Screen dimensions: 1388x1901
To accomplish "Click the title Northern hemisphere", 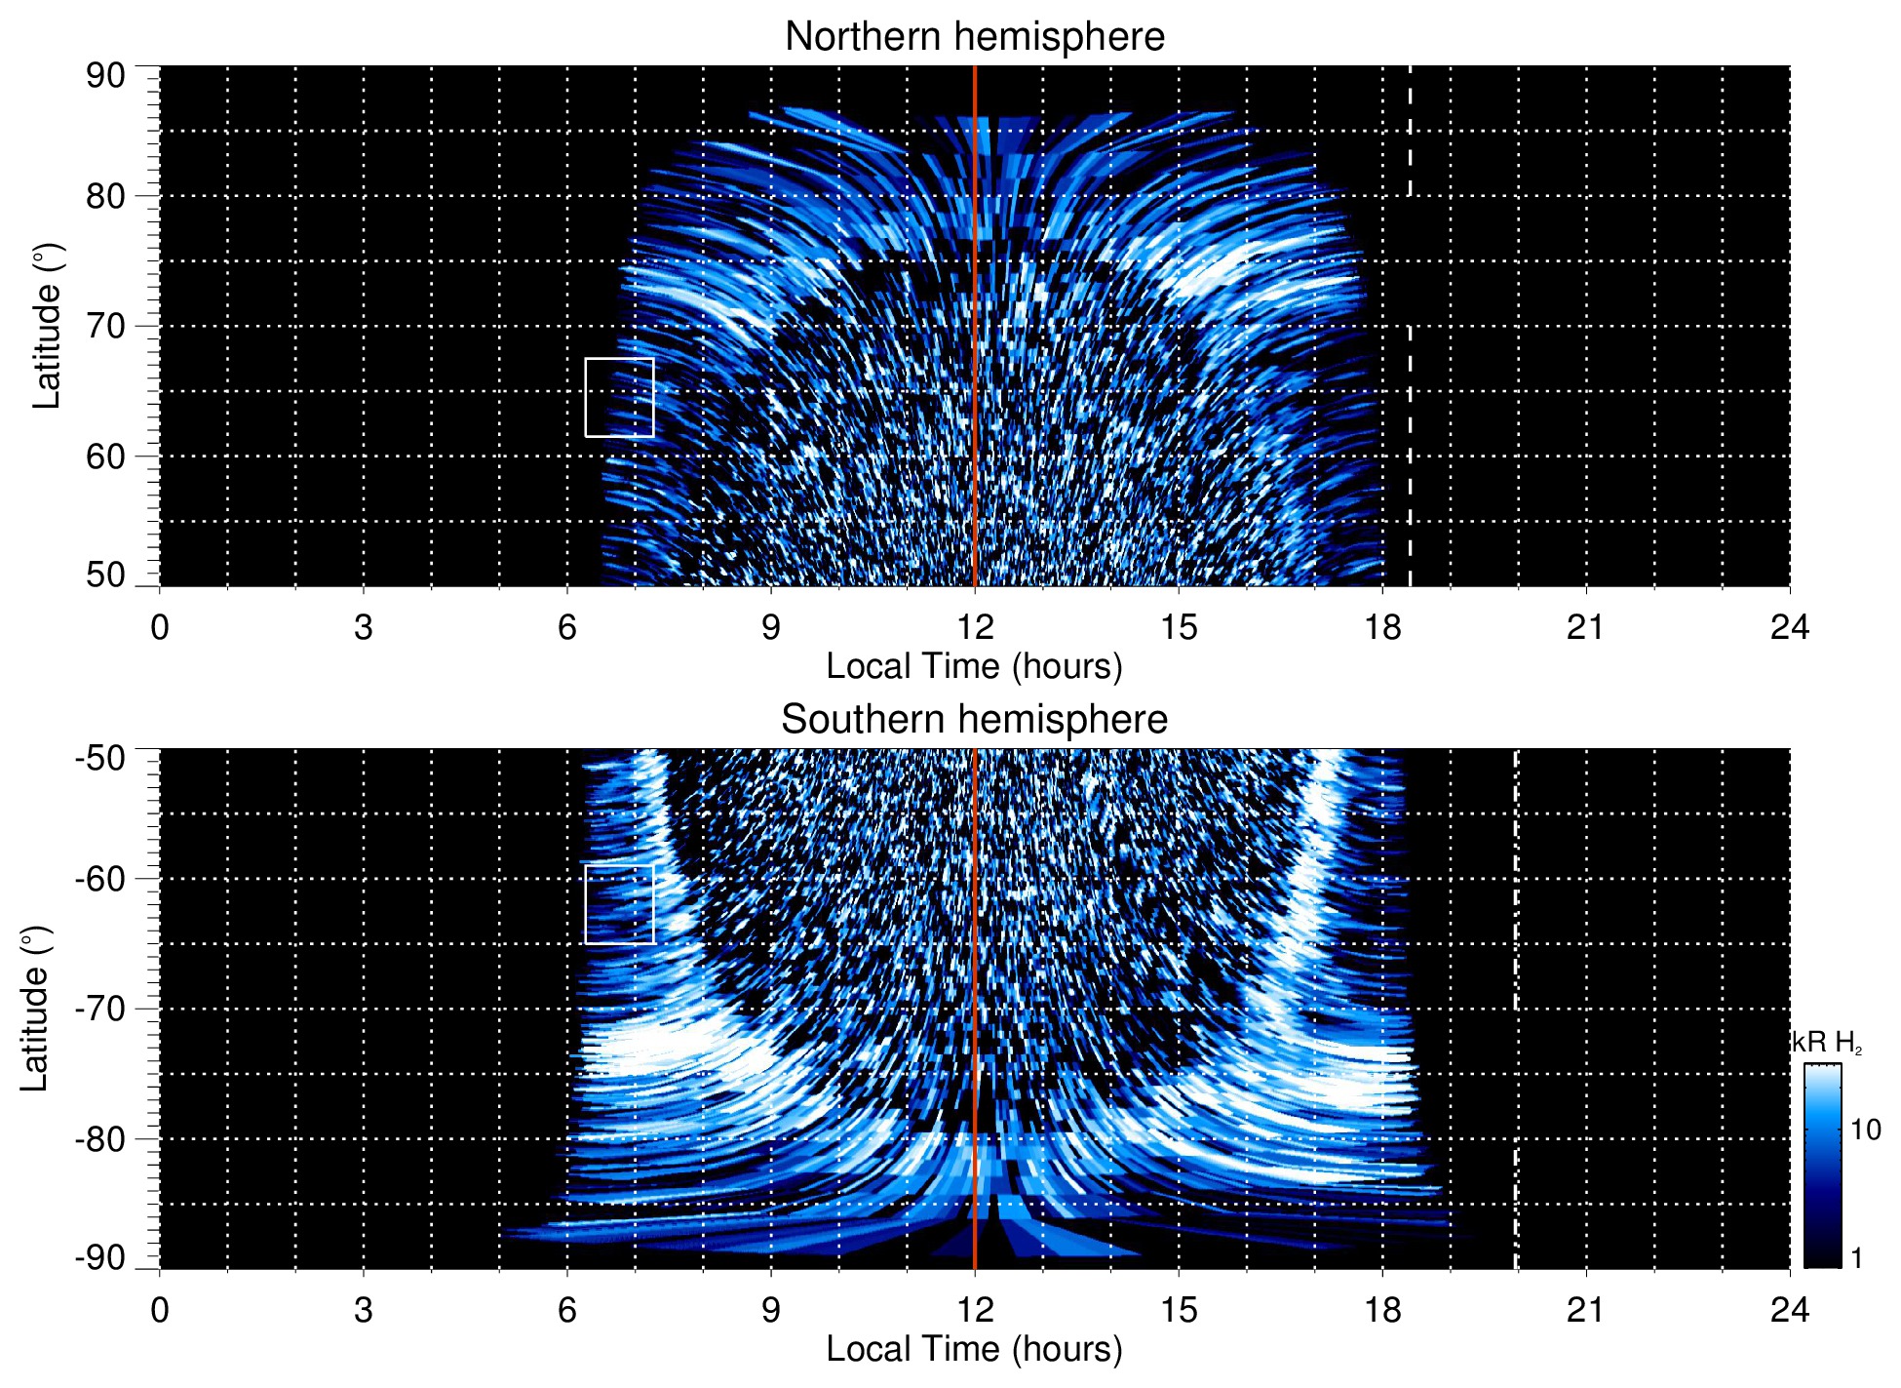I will click(x=974, y=37).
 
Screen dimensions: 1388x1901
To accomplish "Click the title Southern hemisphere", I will click(x=974, y=720).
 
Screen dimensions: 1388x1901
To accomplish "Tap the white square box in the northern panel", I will click(x=619, y=397).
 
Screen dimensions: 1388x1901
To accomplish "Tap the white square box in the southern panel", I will click(x=619, y=904).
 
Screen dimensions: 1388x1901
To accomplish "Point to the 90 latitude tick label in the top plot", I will click(x=106, y=76).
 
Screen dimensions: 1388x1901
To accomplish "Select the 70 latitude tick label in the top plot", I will click(x=106, y=326).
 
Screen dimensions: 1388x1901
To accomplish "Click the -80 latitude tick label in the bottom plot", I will click(x=100, y=1138).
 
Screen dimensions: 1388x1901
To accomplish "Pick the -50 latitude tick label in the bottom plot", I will click(x=100, y=758).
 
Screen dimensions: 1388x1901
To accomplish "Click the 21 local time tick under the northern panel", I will click(x=1585, y=627).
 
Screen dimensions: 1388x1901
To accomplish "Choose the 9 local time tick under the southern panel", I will click(x=771, y=1310).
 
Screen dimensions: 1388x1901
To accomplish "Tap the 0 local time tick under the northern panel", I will click(x=160, y=627).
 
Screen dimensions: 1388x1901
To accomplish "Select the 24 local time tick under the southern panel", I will click(x=1789, y=1310).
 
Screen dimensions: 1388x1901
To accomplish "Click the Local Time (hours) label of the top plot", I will click(x=974, y=666).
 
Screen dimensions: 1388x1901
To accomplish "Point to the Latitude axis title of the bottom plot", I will click(x=34, y=1010).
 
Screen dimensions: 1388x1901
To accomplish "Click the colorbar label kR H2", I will click(x=1827, y=1043).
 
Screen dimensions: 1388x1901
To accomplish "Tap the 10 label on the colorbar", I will click(x=1865, y=1130).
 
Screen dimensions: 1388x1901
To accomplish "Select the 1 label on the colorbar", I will click(x=1856, y=1258).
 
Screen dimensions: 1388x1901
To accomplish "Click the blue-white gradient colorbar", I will click(x=1822, y=1166).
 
